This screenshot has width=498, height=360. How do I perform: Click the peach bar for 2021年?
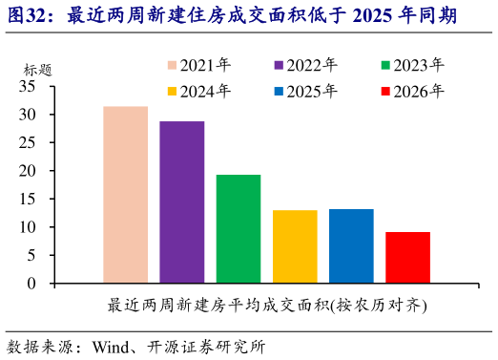125,195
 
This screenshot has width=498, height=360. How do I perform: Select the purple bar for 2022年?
181,202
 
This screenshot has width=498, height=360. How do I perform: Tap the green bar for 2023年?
238,229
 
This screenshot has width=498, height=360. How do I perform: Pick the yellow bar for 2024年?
295,246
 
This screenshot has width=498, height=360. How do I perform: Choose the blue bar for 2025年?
351,246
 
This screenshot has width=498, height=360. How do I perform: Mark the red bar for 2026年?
407,258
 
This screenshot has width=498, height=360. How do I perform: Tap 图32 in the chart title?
29,16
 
